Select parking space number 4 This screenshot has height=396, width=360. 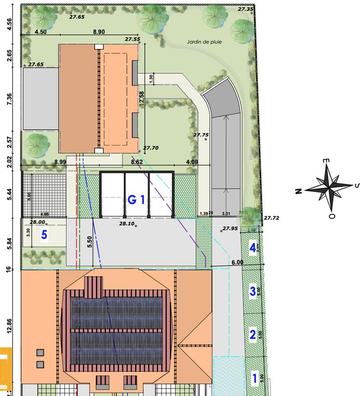(253, 247)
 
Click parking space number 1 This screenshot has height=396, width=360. (255, 379)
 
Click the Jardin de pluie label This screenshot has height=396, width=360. (204, 43)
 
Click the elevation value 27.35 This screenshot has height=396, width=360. (245, 8)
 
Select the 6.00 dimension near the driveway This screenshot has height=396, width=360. (238, 262)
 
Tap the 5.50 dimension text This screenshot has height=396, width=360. (90, 242)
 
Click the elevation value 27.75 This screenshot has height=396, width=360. (201, 134)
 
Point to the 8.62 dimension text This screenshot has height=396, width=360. (137, 161)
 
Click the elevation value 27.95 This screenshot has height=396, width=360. (230, 228)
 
